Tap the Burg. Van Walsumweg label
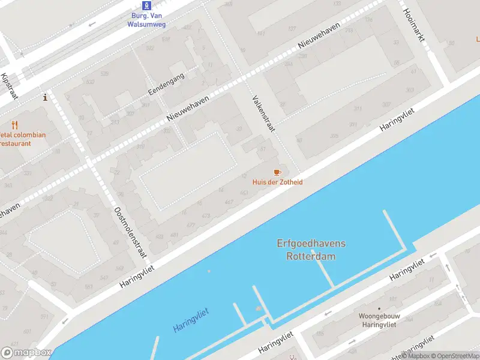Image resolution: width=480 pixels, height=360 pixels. [146, 20]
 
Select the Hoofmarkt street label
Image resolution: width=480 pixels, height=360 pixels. [414, 24]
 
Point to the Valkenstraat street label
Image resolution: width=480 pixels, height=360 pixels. [263, 114]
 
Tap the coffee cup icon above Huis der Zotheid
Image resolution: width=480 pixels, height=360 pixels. [277, 172]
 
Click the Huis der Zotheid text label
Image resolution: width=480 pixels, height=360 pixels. [277, 182]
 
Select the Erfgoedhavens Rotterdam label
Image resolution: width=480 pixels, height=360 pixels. [311, 250]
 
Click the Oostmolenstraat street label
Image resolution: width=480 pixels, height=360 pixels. [130, 232]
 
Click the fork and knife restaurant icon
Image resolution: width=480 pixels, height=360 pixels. [15, 125]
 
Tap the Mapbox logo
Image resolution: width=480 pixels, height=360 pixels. [26, 353]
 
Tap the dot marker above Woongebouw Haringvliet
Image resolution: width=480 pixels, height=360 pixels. [379, 308]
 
